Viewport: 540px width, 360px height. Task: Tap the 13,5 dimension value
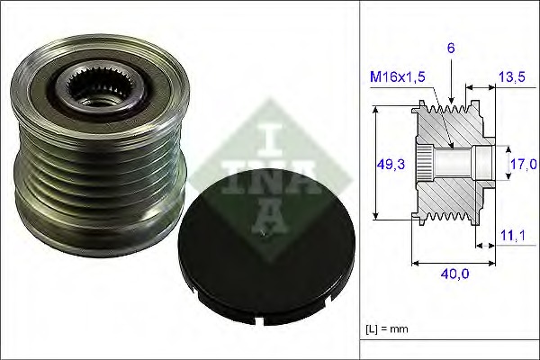click(x=510, y=78)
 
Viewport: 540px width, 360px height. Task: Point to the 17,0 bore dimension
click(x=523, y=163)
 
